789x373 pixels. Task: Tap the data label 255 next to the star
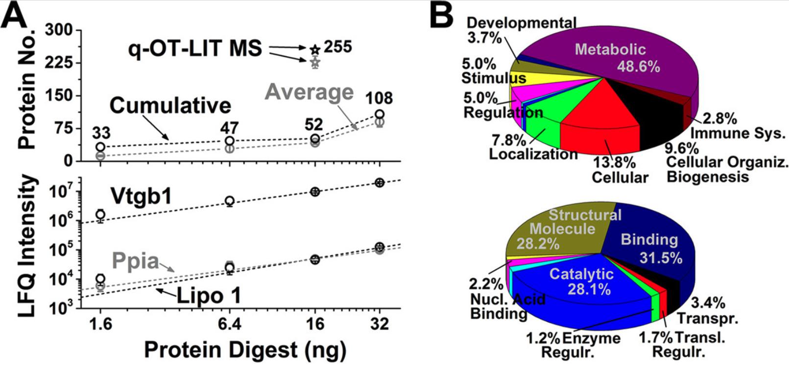tap(337, 47)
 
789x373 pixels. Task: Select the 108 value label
tap(379, 98)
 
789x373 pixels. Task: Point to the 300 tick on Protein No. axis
tap(59, 30)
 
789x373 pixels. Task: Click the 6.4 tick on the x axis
tap(229, 324)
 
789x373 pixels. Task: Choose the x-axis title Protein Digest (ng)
tap(245, 350)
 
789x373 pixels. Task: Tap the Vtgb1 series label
tap(141, 197)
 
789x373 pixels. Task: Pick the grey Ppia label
tap(135, 261)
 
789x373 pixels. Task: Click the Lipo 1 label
tap(209, 296)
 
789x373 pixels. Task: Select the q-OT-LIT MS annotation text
tap(195, 48)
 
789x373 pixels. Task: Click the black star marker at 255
tap(315, 49)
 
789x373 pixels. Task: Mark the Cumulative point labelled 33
tap(100, 147)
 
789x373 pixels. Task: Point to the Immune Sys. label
tap(738, 133)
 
